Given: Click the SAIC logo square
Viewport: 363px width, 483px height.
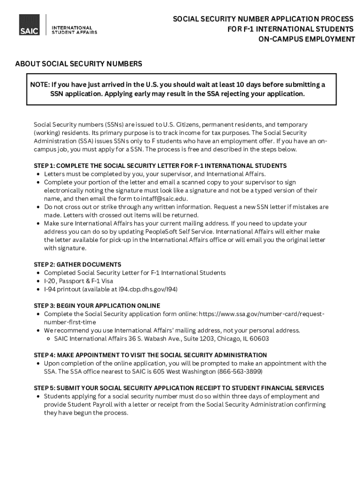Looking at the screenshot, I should click(x=29, y=25).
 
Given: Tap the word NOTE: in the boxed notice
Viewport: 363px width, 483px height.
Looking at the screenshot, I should click(x=40, y=84).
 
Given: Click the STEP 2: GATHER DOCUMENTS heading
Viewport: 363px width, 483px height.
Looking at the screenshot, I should click(x=77, y=265).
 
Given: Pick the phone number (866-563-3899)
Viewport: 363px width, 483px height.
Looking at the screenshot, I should click(x=239, y=372).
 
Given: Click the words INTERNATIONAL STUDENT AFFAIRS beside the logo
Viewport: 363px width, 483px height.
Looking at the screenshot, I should click(x=74, y=30).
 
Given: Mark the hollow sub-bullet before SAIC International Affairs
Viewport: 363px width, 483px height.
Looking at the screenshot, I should click(x=49, y=339).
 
